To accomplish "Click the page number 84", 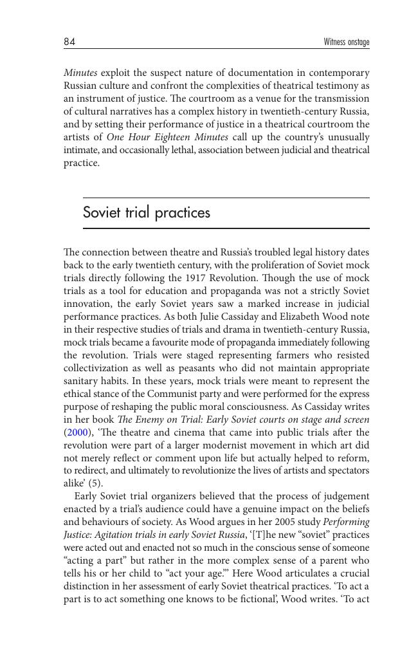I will tap(69, 42).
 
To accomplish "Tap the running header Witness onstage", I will tap(347, 42).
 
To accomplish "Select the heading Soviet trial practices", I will tap(147, 212).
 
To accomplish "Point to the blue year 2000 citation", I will tap(77, 432).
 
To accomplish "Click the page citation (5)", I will tap(95, 483).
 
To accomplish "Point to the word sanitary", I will tap(82, 381).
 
